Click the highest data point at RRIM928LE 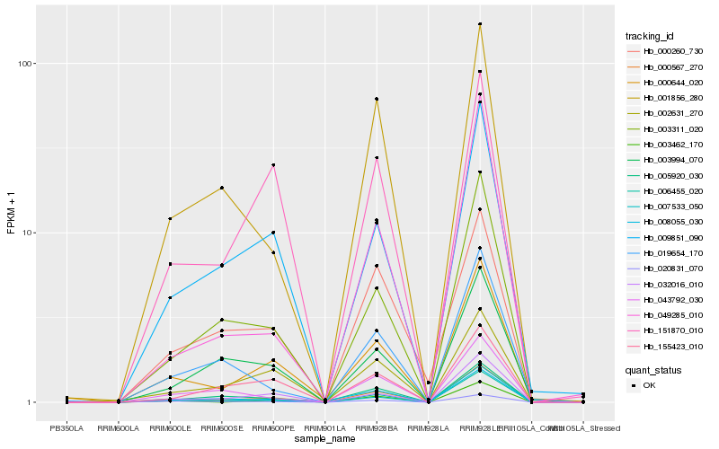click(x=480, y=24)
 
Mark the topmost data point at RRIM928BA click(x=377, y=99)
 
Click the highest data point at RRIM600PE click(x=273, y=165)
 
